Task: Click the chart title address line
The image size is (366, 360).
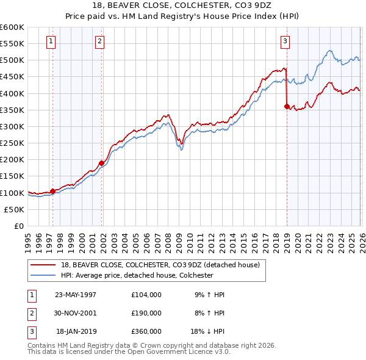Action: tap(182, 5)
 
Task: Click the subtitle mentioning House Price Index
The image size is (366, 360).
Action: tap(182, 16)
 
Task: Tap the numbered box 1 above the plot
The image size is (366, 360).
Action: tap(50, 41)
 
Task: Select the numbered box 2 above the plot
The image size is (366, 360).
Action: tap(99, 41)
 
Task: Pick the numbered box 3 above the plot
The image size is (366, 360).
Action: tap(285, 41)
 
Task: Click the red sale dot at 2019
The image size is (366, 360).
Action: tap(287, 106)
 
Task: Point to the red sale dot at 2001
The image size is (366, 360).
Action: tap(102, 163)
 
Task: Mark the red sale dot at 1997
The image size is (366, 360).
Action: tap(52, 191)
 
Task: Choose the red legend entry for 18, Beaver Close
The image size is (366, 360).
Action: tap(160, 265)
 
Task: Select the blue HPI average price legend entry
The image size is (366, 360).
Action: tap(136, 275)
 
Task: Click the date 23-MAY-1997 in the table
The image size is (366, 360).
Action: tap(76, 294)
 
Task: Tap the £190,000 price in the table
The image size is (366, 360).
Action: tap(146, 312)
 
